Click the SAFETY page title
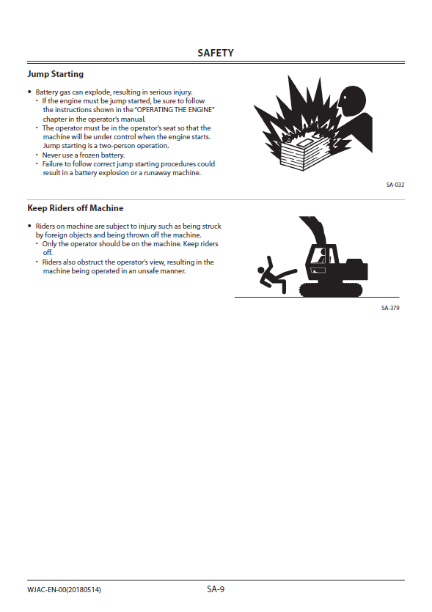click(x=216, y=53)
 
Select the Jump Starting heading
click(x=56, y=74)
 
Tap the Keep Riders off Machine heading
click(x=76, y=208)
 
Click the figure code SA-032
click(x=395, y=185)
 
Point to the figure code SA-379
click(x=390, y=308)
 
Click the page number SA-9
click(x=216, y=589)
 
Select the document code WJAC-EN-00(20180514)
click(x=64, y=589)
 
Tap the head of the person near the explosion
click(x=351, y=100)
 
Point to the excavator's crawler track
click(x=331, y=290)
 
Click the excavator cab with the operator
click(x=322, y=261)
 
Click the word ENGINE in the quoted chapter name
click(x=202, y=110)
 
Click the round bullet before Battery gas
click(x=29, y=92)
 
